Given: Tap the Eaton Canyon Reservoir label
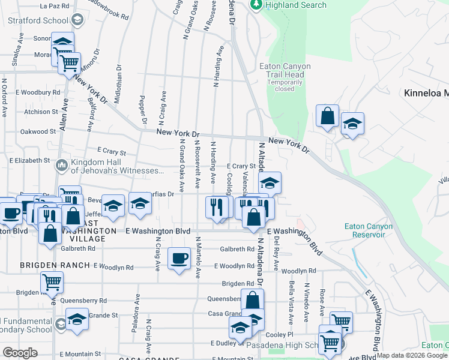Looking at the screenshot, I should tap(369, 230).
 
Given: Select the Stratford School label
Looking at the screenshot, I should tap(38, 20).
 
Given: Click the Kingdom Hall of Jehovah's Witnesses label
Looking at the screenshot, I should tap(117, 166).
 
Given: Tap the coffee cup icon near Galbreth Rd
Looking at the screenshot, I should tap(179, 258).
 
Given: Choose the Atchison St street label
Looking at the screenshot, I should tap(41, 112).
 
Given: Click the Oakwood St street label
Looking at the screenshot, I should tap(38, 131).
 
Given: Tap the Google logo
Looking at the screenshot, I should tap(20, 353).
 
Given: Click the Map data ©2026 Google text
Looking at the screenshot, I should tap(411, 355).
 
